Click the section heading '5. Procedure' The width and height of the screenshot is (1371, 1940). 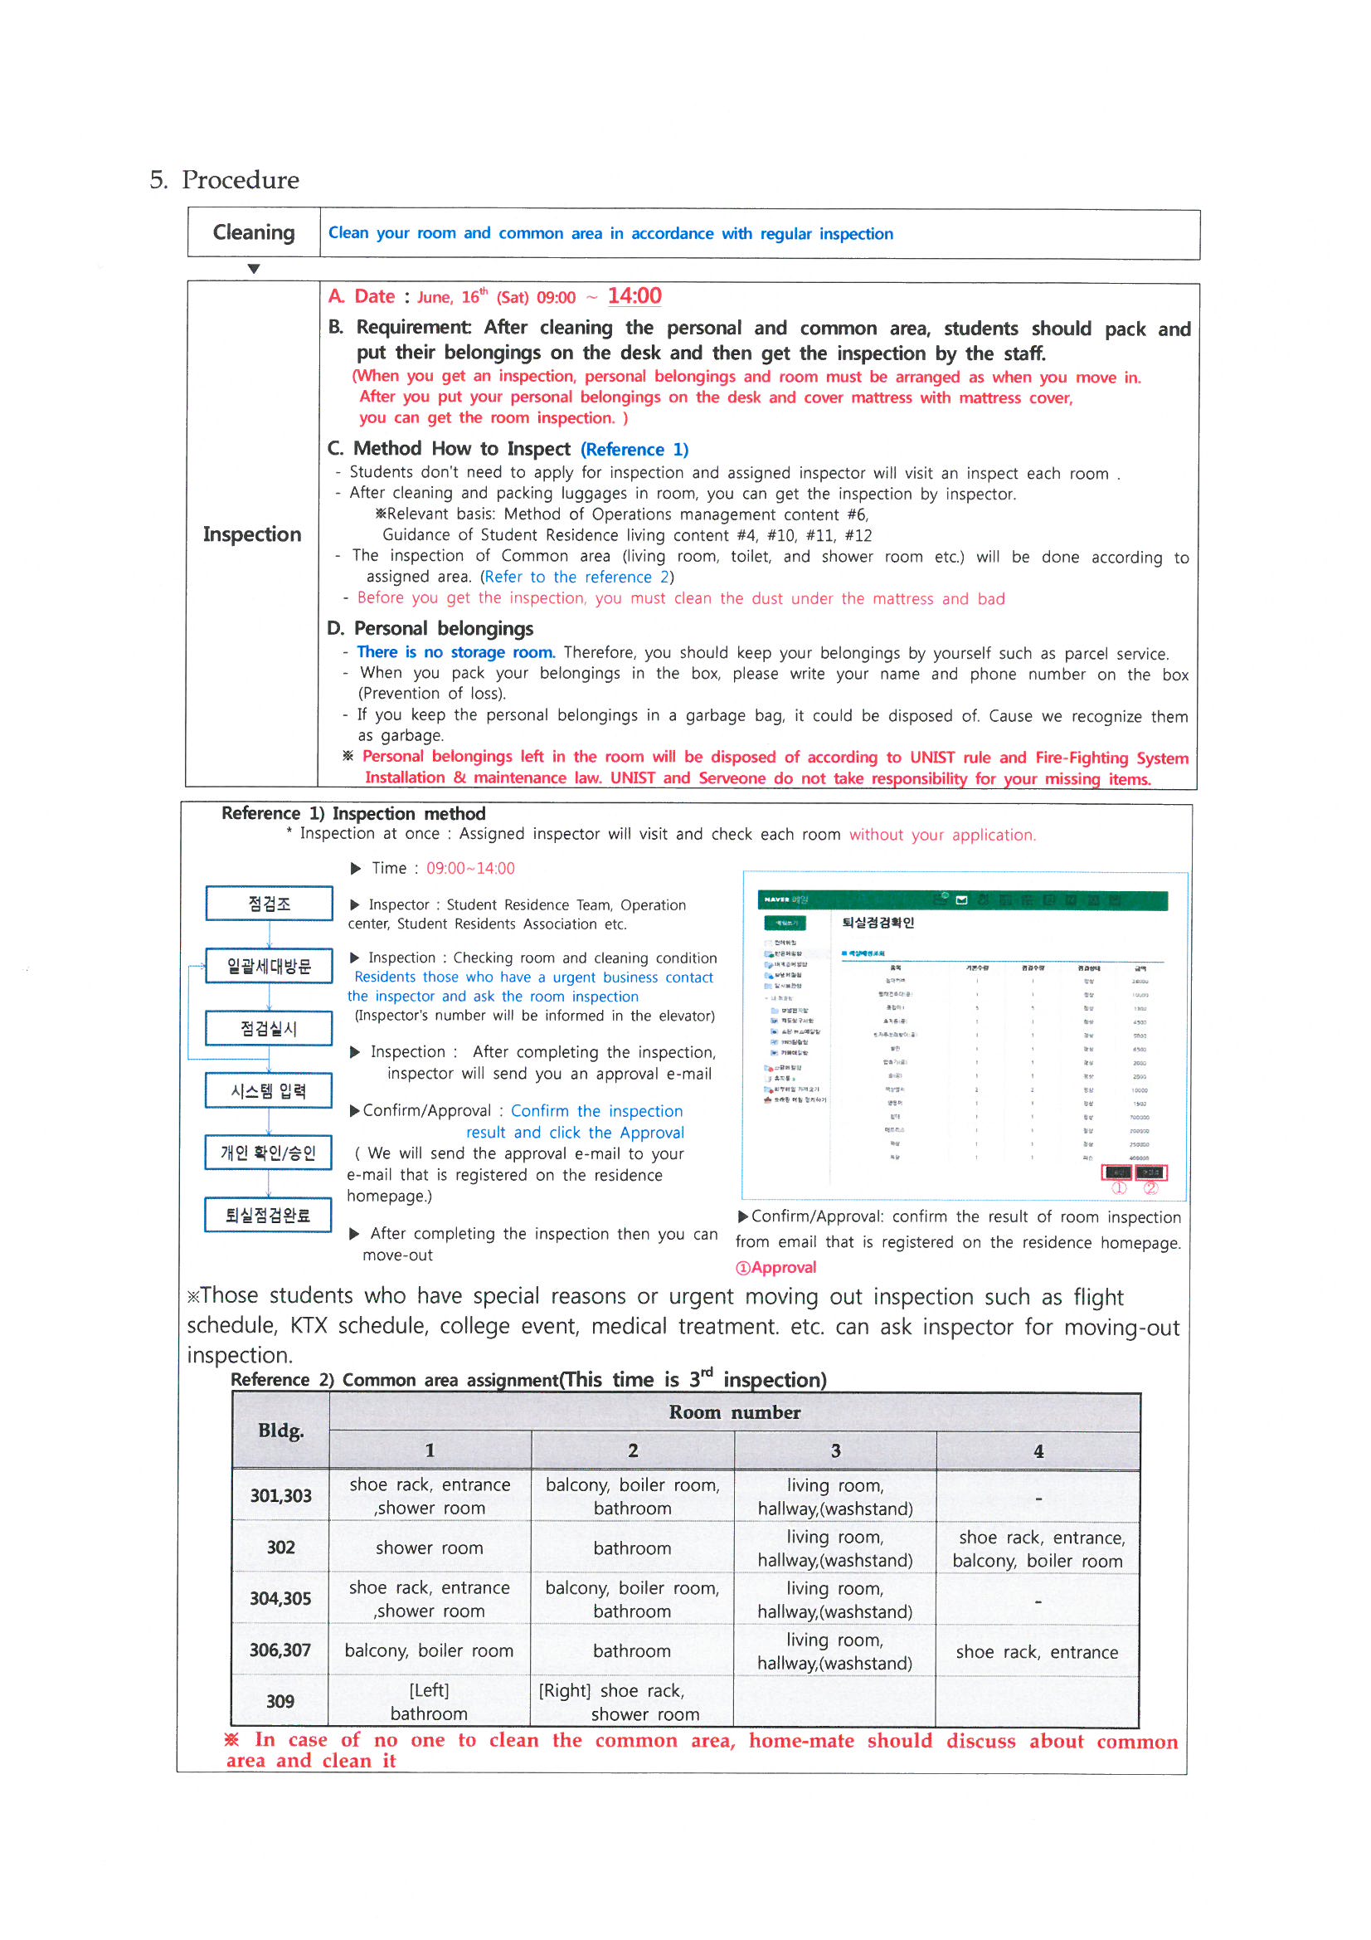point(224,180)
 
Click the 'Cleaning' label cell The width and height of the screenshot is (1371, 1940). point(254,233)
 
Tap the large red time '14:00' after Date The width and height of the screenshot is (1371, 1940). point(634,296)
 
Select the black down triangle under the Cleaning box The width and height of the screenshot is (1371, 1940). point(254,270)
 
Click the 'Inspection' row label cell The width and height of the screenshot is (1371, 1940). point(252,535)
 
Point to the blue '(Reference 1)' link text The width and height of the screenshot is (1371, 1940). point(634,450)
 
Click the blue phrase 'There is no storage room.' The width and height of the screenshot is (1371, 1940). point(455,652)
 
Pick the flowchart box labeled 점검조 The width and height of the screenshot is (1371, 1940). point(269,904)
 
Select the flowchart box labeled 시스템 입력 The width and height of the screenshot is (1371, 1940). point(269,1091)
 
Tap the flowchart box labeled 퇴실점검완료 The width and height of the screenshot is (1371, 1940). point(268,1215)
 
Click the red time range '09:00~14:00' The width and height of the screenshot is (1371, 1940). point(470,869)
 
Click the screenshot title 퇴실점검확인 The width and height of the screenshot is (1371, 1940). point(878,923)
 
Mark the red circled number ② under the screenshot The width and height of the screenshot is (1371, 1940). point(1150,1188)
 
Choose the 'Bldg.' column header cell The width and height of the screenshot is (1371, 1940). point(280,1431)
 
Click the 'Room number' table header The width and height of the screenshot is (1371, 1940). point(734,1413)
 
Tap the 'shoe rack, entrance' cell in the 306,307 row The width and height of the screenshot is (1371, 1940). point(1037,1652)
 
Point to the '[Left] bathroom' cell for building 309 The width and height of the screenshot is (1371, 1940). point(429,1702)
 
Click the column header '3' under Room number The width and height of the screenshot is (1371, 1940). point(835,1450)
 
